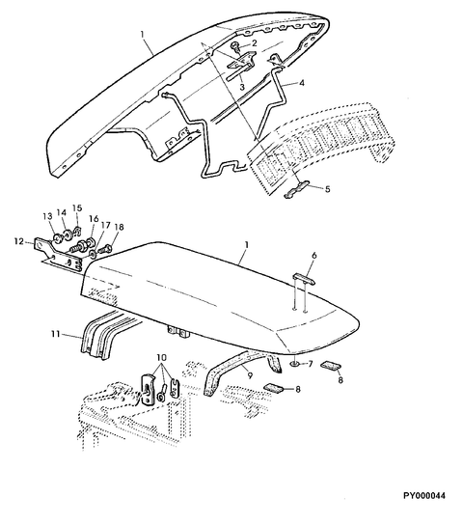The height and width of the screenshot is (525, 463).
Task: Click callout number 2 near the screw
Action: pos(254,43)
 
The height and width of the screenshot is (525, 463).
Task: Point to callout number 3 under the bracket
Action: pos(242,87)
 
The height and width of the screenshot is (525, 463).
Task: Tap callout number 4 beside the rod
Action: pos(301,82)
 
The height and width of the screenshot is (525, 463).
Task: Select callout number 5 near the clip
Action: pos(328,189)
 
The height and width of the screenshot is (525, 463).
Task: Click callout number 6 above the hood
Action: pos(313,256)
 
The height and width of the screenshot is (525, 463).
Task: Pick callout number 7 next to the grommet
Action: pos(310,363)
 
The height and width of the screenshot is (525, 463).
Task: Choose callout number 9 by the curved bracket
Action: pos(250,375)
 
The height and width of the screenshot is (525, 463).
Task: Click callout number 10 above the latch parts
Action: pos(162,357)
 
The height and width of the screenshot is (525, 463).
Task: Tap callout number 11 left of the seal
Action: pos(56,334)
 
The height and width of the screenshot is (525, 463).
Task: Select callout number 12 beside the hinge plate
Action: pos(18,240)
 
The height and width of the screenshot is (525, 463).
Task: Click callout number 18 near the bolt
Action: pos(119,227)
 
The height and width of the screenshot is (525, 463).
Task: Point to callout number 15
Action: pos(77,207)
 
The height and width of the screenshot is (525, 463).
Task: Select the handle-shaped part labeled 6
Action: pos(304,279)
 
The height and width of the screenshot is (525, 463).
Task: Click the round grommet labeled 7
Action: pos(295,364)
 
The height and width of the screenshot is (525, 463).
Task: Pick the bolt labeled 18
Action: pos(105,249)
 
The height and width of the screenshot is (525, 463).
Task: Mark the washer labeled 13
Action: pos(58,239)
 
